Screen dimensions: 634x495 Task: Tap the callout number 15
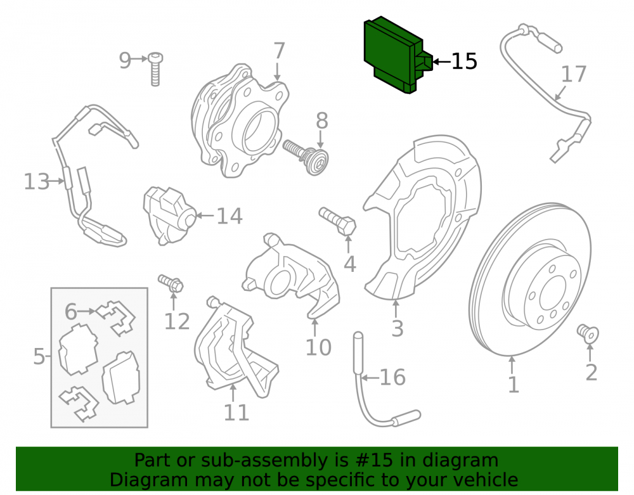click(x=464, y=61)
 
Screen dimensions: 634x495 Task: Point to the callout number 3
click(x=397, y=328)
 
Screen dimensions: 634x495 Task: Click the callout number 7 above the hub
click(x=279, y=51)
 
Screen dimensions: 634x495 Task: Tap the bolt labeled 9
click(x=155, y=68)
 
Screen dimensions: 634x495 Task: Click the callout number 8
click(x=322, y=121)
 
